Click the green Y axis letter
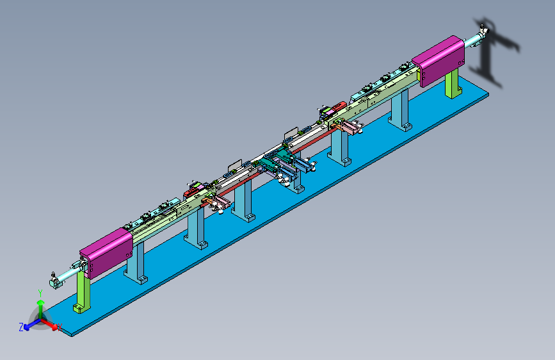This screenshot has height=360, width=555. point(40,293)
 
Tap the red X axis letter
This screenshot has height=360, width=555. point(60,327)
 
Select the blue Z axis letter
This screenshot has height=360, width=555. point(21,327)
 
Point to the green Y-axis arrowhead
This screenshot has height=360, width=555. point(41,302)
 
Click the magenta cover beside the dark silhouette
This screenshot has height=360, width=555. point(439,60)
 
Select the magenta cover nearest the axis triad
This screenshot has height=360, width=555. point(106,252)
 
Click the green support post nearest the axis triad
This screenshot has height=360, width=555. point(83,292)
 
